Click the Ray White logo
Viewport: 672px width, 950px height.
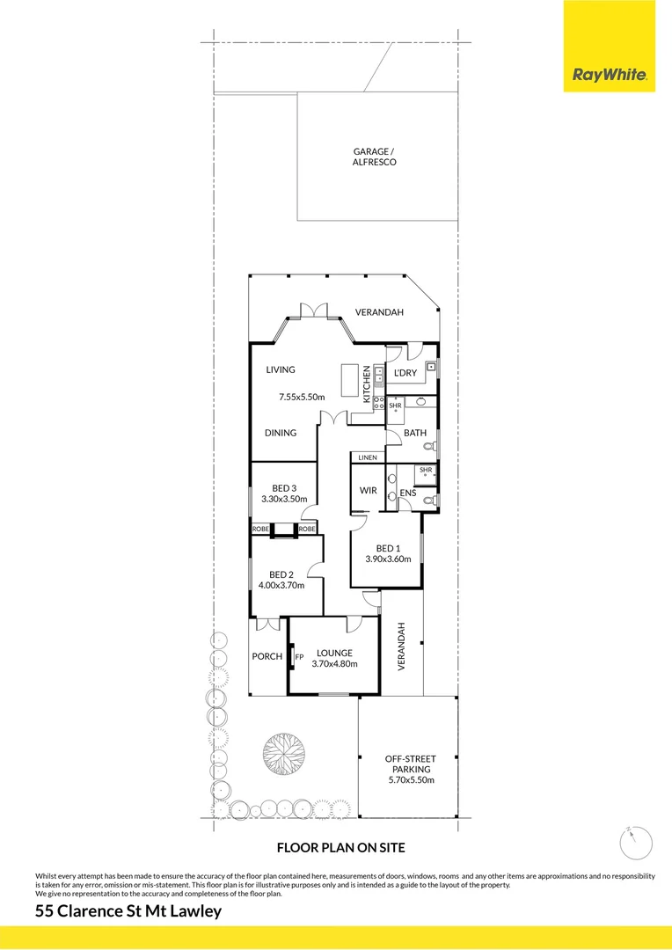pyautogui.click(x=610, y=76)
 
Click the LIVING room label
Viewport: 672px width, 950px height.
pyautogui.click(x=281, y=370)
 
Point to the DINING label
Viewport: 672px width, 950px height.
pyautogui.click(x=281, y=433)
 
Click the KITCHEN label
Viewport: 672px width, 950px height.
pyautogui.click(x=368, y=384)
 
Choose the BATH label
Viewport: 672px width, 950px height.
pyautogui.click(x=414, y=433)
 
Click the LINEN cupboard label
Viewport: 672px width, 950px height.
pyautogui.click(x=367, y=457)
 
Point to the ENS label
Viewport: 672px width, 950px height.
pyautogui.click(x=407, y=493)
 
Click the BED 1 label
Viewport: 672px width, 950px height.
pyautogui.click(x=388, y=549)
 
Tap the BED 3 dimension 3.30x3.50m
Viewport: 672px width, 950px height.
pyautogui.click(x=283, y=500)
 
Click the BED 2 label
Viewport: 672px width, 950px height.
pyautogui.click(x=281, y=574)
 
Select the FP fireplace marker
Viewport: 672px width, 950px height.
pyautogui.click(x=299, y=657)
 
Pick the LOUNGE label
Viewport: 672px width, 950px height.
pyautogui.click(x=334, y=653)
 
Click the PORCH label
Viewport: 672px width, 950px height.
pyautogui.click(x=267, y=656)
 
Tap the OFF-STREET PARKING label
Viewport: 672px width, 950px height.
pyautogui.click(x=411, y=764)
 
